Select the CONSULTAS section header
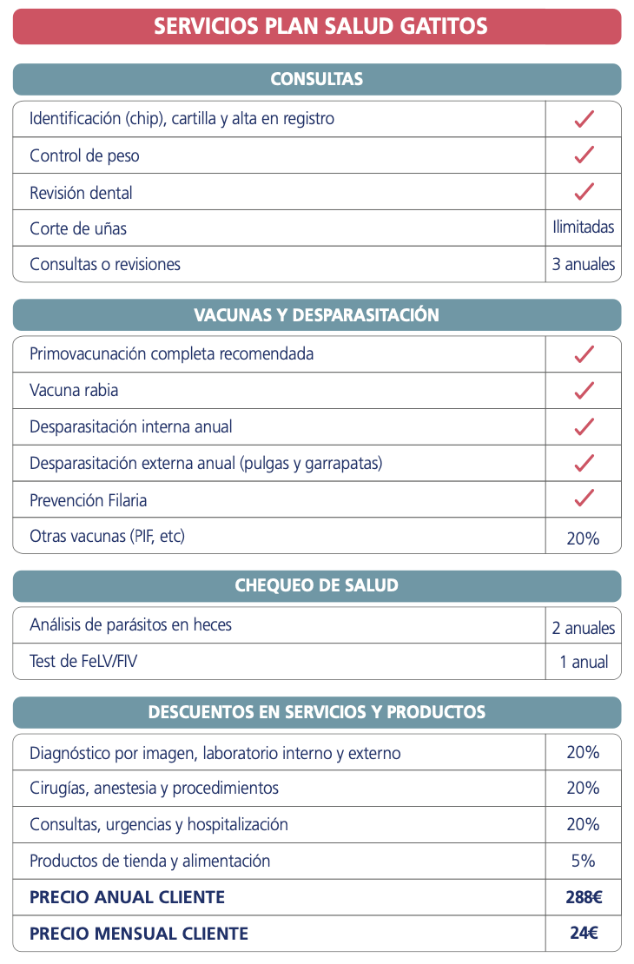pos(317,79)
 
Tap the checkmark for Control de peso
pos(584,155)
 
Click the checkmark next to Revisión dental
pos(584,192)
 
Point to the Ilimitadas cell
pos(584,228)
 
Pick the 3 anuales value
pos(584,264)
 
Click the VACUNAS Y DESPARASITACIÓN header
pos(317,314)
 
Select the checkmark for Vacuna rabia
pos(584,391)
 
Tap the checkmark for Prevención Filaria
pos(584,499)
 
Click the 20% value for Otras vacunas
pos(584,538)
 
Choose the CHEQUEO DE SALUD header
pos(317,585)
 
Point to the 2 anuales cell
pos(584,628)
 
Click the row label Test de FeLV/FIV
pos(83,662)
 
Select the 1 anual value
pos(584,663)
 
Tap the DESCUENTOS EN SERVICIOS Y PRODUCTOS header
pos(317,712)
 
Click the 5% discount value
pos(584,862)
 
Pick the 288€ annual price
pos(584,898)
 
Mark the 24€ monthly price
pos(584,934)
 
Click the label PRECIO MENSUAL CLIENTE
pos(139,934)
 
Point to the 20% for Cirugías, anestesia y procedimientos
pos(584,789)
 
